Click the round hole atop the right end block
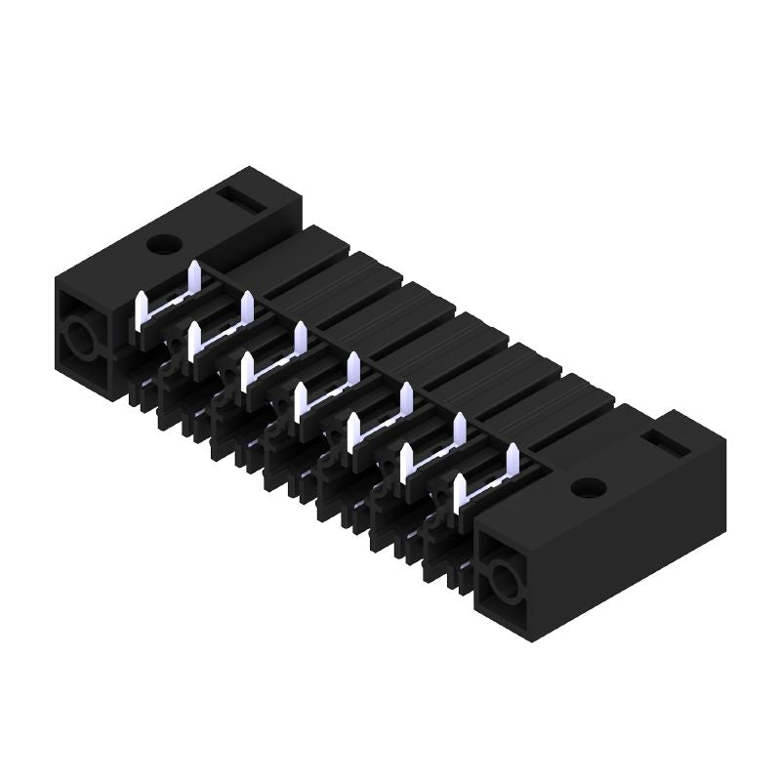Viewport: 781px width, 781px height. (x=589, y=486)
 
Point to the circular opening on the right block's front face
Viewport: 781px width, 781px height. (x=504, y=586)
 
